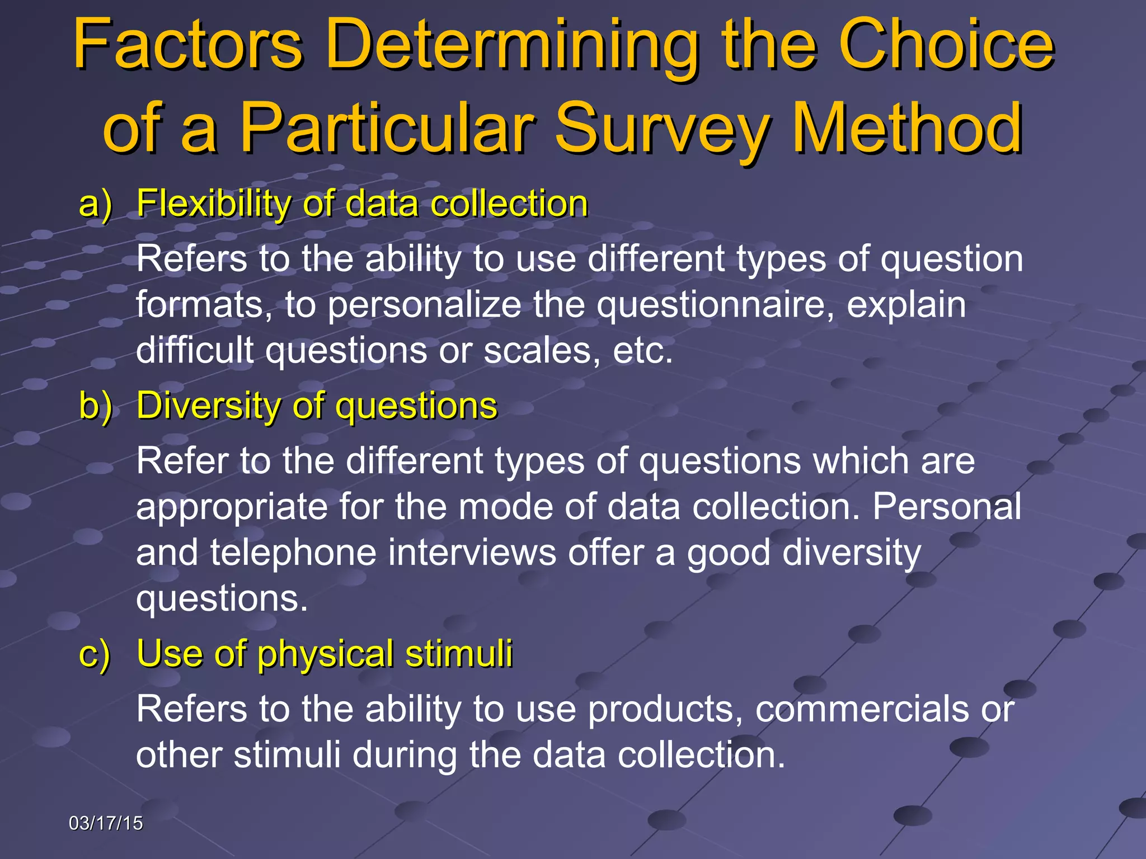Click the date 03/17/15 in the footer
tap(106, 823)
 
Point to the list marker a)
tap(95, 204)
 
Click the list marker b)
tap(95, 405)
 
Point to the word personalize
tap(424, 306)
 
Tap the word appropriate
tap(232, 508)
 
